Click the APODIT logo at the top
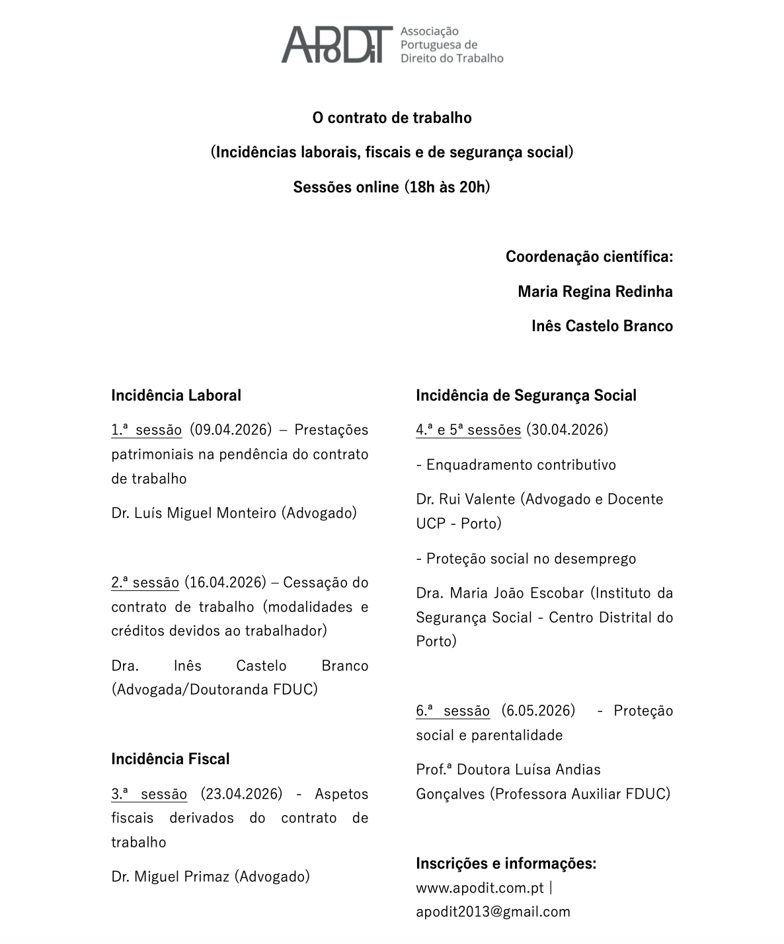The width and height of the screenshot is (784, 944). coord(392,44)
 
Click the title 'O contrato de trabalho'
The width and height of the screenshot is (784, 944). coord(392,118)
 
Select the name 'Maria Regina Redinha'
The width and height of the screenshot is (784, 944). coord(595,292)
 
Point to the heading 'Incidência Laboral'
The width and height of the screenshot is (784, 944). coord(176,395)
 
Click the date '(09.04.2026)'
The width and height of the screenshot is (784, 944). coord(231,430)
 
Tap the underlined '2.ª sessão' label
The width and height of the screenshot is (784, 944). coord(145,582)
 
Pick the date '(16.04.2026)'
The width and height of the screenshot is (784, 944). coord(225,582)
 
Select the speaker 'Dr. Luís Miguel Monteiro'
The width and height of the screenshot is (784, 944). coord(194,513)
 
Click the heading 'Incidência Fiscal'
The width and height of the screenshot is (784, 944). coord(171,759)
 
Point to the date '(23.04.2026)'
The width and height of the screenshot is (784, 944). coord(241,793)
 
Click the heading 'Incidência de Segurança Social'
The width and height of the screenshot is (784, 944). coord(526,395)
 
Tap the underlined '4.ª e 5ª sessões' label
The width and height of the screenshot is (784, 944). coord(468,430)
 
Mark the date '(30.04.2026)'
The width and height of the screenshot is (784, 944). coord(567,430)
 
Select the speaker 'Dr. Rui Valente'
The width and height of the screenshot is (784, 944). coord(465,499)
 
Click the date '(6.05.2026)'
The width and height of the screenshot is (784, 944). coord(538,711)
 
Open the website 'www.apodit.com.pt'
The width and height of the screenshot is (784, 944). coord(480,888)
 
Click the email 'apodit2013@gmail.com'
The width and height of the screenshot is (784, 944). coord(493,912)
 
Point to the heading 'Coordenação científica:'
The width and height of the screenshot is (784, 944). coord(589,256)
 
